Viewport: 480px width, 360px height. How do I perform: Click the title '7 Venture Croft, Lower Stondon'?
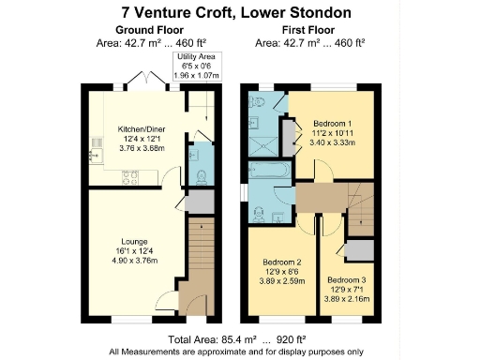pyautogui.click(x=239, y=13)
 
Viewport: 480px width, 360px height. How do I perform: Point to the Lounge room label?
pyautogui.click(x=131, y=243)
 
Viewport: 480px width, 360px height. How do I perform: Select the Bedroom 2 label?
pyautogui.click(x=282, y=262)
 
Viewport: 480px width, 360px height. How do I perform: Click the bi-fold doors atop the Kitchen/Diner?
pyautogui.click(x=144, y=79)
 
